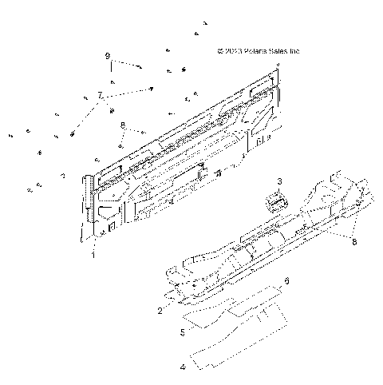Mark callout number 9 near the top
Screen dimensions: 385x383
click(106, 57)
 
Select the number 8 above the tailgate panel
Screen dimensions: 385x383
click(122, 125)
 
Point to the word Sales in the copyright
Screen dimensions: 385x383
click(282, 52)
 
